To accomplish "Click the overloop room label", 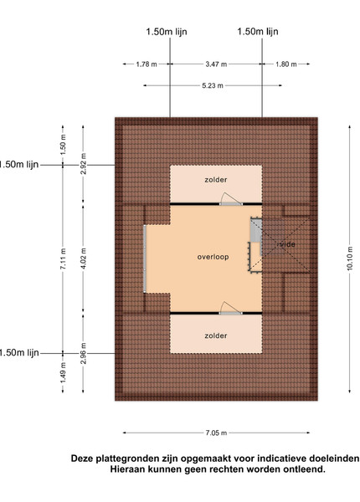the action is [x=213, y=257].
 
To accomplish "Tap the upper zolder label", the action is [x=216, y=180].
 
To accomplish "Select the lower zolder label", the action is [x=216, y=336].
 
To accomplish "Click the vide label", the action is [x=287, y=244].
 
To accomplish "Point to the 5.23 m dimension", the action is [x=213, y=85].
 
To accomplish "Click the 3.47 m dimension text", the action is [x=216, y=64].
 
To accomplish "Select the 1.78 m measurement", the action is [x=147, y=64].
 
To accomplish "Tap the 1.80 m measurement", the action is [x=286, y=64].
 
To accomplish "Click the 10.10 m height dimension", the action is [x=350, y=259].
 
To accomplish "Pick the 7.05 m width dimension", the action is [x=216, y=433].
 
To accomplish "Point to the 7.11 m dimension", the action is [x=63, y=259].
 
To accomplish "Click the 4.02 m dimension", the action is [x=83, y=259].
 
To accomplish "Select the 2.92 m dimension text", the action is [x=83, y=164].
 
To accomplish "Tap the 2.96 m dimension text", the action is [x=83, y=353].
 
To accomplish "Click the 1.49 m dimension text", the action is [x=63, y=372].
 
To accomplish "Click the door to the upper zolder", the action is [x=230, y=199].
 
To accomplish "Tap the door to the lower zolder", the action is [x=230, y=308].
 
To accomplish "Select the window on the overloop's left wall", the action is [x=145, y=259].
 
